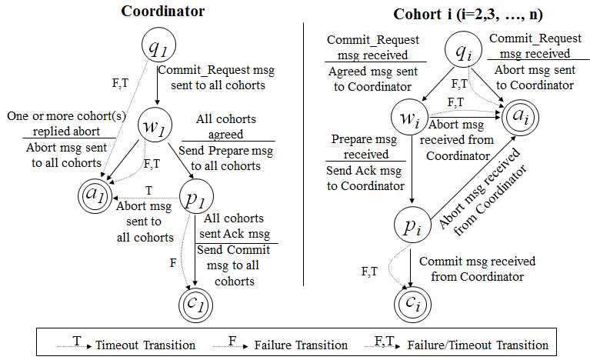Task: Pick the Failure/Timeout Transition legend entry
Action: [x=477, y=345]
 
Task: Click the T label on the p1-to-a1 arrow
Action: [x=148, y=189]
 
